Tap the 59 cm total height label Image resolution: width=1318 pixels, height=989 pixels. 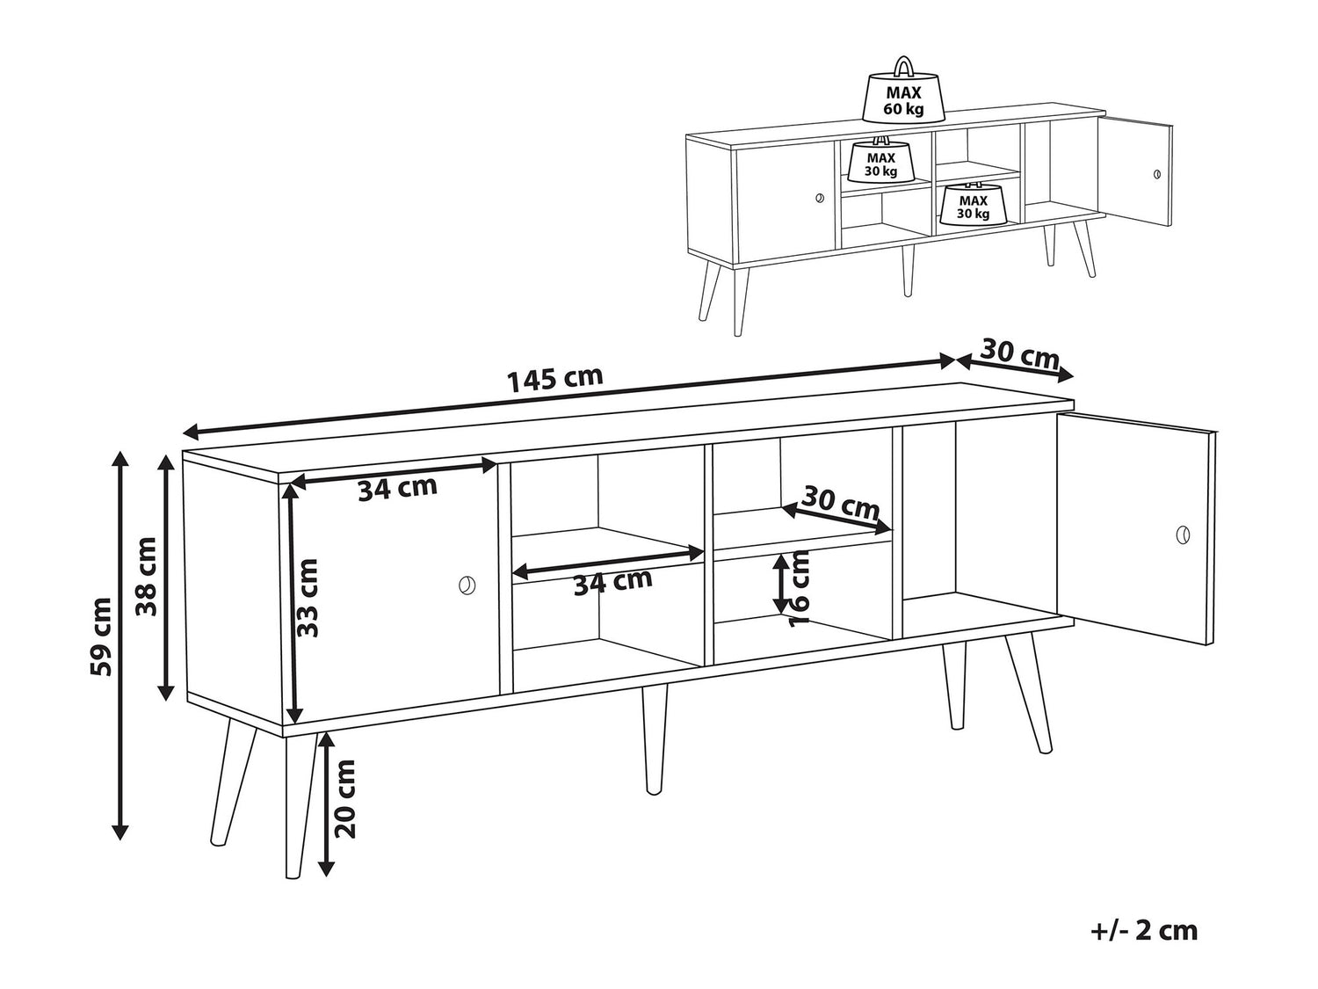click(x=101, y=637)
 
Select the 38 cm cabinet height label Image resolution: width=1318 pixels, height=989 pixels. click(x=146, y=577)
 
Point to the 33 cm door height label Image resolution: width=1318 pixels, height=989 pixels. click(x=307, y=598)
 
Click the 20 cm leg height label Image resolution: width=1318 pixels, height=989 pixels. click(x=345, y=799)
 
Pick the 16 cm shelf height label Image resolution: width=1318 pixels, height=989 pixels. click(x=800, y=589)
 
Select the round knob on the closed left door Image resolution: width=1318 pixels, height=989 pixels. click(x=467, y=585)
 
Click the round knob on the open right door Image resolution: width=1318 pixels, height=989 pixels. click(x=1183, y=534)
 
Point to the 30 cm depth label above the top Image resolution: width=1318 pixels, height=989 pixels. click(x=1020, y=355)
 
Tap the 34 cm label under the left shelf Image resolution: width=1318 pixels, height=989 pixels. click(x=612, y=582)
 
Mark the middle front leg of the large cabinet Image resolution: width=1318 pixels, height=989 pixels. click(x=655, y=740)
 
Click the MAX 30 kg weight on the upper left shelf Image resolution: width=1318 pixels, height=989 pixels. click(x=880, y=161)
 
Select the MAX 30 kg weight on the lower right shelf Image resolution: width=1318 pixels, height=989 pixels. click(x=973, y=204)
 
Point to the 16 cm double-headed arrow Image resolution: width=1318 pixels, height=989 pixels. click(x=780, y=584)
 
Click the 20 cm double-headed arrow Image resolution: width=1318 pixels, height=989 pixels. click(x=326, y=804)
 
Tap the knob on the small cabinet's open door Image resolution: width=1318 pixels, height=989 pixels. click(x=1157, y=174)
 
